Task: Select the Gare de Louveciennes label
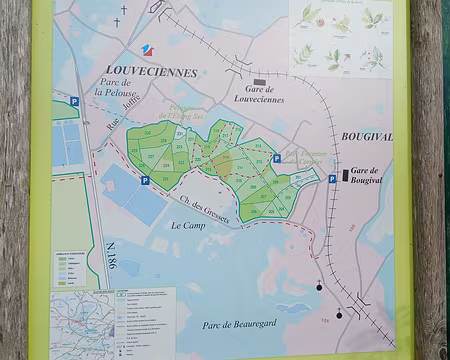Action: pyautogui.click(x=259, y=95)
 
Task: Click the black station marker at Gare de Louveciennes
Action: pyautogui.click(x=260, y=82)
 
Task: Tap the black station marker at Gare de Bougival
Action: pyautogui.click(x=346, y=175)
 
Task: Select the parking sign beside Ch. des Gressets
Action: pyautogui.click(x=145, y=181)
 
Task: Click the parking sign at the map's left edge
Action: pyautogui.click(x=74, y=101)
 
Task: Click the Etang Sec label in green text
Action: pyautogui.click(x=189, y=114)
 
